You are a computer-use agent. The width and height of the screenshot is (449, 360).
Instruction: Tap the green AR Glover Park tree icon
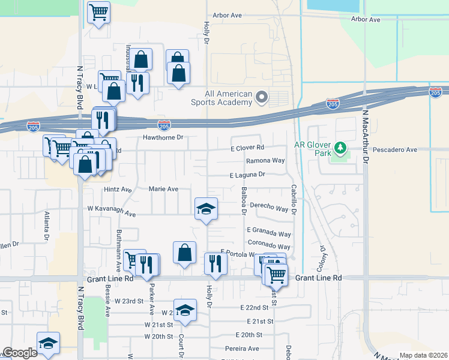pos(340,148)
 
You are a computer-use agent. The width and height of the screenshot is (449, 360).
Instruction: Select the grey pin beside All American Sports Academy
pos(261,97)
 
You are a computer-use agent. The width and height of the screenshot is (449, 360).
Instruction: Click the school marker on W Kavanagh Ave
pos(206,209)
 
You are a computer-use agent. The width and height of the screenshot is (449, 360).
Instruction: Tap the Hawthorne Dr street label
pos(162,137)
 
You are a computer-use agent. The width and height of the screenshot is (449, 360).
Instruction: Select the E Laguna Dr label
pos(247,175)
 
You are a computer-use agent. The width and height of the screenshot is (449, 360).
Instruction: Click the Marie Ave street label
pos(164,189)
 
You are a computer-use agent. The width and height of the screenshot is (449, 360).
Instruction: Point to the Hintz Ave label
pos(118,189)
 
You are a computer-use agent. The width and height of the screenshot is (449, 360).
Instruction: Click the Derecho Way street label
pos(270,208)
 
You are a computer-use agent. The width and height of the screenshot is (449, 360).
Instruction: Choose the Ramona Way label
pos(265,161)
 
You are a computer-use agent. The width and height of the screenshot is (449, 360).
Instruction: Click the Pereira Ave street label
pos(243,348)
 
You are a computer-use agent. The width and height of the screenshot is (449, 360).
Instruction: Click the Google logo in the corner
pos(20,352)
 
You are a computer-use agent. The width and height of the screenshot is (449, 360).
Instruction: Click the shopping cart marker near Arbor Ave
pos(98,12)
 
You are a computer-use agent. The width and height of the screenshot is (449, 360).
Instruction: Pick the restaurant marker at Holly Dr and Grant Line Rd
pos(215,263)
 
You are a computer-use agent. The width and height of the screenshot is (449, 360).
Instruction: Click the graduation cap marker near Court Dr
pos(185,310)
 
